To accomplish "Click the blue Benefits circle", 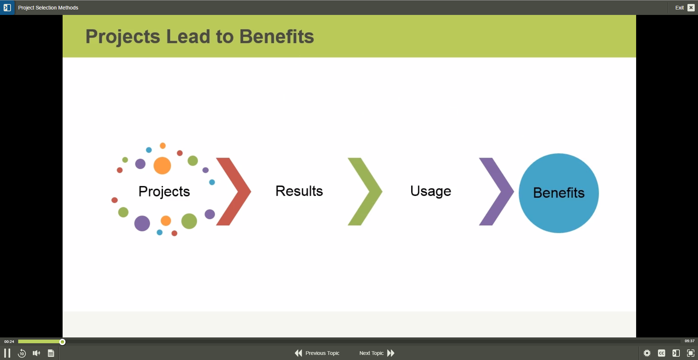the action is point(559,193).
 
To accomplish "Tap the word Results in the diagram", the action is point(299,191).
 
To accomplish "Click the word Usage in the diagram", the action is point(431,191).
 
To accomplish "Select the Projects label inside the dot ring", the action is point(164,192).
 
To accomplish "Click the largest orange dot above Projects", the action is point(162,166).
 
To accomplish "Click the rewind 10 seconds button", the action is point(22,353).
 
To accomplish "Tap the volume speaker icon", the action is point(36,353).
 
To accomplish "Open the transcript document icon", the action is point(51,353).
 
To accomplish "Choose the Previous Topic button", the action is point(317,353).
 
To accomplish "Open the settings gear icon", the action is point(647,353).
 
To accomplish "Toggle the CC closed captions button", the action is point(662,353).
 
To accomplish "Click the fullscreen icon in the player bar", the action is point(691,353).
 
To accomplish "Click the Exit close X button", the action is point(691,8).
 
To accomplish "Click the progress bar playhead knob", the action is point(62,342).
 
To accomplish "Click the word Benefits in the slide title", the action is point(277,37).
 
